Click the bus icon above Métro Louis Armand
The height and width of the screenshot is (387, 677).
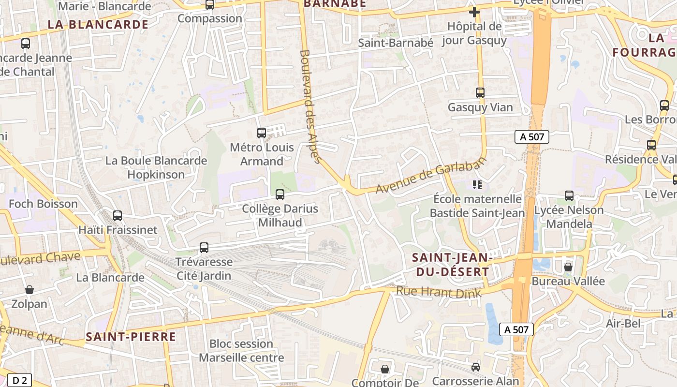click(x=262, y=133)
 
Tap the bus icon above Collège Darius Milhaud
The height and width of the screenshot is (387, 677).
click(x=280, y=194)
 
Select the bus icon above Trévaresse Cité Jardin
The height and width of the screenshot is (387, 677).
click(x=204, y=248)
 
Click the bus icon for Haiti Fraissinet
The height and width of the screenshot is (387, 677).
click(x=118, y=216)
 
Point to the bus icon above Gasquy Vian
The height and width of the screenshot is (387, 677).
click(x=480, y=93)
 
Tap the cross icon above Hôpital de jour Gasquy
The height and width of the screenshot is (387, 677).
click(x=474, y=12)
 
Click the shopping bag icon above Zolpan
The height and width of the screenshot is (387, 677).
click(x=29, y=290)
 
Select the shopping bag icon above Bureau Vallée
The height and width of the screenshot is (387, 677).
click(x=568, y=267)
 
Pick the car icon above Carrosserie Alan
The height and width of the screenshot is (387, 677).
click(x=476, y=367)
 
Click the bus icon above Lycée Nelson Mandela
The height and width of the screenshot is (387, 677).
click(x=569, y=196)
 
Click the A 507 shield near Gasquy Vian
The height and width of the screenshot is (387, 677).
click(x=532, y=137)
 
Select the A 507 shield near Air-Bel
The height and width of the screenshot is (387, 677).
click(x=516, y=329)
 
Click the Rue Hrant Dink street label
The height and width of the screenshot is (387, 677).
click(x=439, y=293)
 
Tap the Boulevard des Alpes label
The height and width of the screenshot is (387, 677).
click(x=311, y=106)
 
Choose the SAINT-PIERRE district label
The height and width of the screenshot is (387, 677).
click(x=131, y=337)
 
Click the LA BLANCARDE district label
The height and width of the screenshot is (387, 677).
click(x=98, y=24)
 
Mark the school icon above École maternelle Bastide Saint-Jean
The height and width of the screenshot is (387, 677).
click(x=477, y=184)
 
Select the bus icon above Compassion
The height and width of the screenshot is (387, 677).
click(x=210, y=5)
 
